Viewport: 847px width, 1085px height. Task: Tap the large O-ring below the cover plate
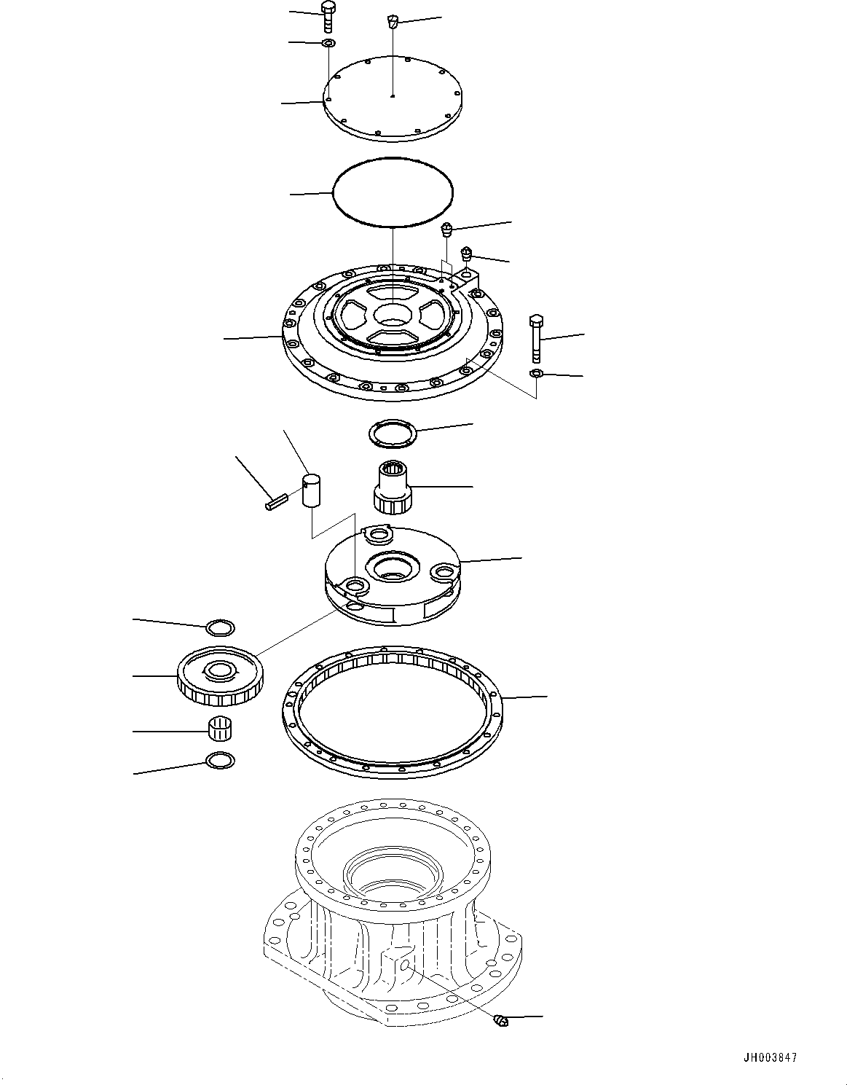pos(392,193)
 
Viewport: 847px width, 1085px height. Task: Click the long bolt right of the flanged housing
pos(537,338)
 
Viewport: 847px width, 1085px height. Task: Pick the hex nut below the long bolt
pos(535,374)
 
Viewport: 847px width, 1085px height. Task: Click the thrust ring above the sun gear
pos(393,434)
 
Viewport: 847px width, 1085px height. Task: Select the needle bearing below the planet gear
pos(221,727)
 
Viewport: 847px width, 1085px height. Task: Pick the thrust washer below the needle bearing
pos(221,760)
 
